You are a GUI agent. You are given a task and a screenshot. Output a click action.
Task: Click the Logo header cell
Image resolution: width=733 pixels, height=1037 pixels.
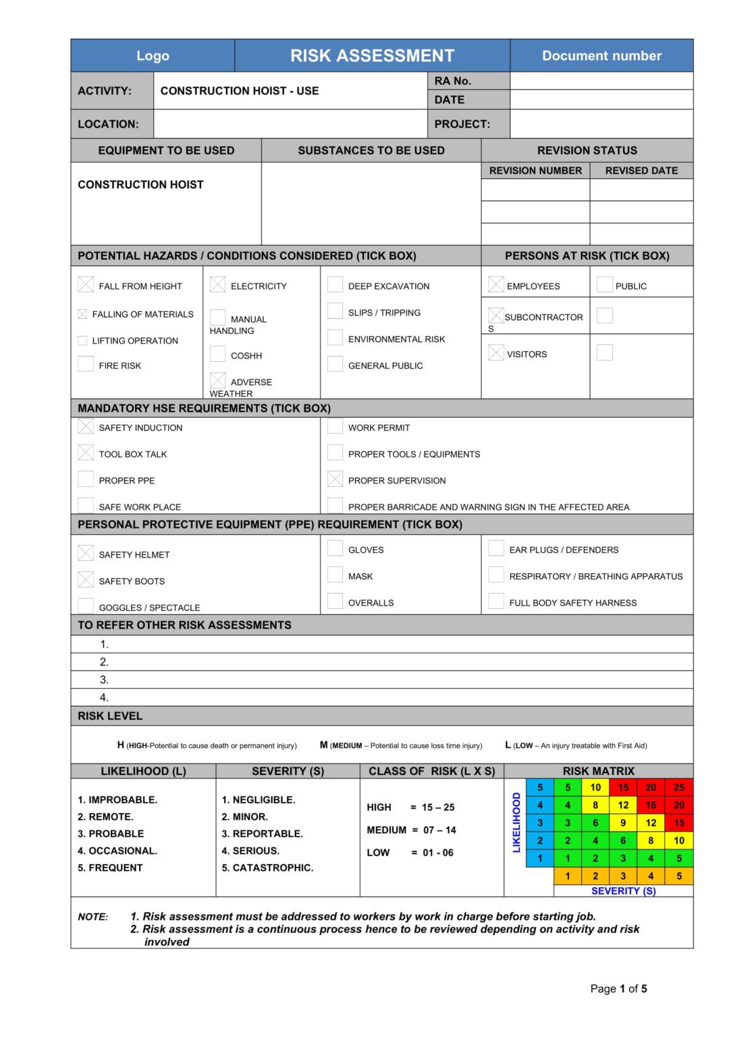153,56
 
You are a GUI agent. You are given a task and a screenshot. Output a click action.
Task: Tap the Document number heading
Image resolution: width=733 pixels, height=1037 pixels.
601,56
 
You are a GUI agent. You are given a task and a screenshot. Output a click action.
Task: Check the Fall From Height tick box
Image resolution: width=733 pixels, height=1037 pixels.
86,285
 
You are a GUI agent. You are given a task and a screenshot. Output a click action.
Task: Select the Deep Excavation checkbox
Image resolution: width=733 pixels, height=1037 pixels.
335,285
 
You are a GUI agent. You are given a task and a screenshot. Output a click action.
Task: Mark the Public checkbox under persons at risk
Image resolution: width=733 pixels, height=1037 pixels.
605,285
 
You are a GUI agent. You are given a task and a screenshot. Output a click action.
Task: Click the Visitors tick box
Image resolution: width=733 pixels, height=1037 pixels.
496,352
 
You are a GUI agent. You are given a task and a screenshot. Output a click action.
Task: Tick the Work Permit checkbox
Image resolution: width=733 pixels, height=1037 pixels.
335,427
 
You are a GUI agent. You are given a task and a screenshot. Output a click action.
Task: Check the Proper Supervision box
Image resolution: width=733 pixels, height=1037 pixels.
335,479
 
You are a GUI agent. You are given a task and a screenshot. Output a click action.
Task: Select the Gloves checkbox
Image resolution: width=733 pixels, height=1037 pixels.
335,548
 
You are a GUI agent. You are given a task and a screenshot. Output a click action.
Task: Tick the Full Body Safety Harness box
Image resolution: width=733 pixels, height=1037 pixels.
496,602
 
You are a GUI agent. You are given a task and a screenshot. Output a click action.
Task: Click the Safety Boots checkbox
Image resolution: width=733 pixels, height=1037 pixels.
86,580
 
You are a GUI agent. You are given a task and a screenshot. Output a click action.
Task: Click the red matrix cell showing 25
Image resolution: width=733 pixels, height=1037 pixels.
679,787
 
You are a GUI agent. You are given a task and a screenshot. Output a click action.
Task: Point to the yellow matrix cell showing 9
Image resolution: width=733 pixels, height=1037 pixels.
623,823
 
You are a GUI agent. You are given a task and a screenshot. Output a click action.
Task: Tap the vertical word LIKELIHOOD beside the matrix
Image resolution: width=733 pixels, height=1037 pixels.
516,822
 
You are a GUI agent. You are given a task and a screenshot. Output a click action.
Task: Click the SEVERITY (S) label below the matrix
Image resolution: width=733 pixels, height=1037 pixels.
623,891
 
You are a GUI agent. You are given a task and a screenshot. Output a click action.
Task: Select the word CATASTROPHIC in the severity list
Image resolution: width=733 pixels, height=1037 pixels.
273,868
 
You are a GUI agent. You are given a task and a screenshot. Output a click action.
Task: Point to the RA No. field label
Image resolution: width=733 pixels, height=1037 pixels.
453,81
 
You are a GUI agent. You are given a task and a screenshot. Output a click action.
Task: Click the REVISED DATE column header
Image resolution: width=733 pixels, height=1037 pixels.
641,171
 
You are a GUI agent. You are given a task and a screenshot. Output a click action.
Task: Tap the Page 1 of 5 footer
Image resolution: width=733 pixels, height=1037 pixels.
618,989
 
